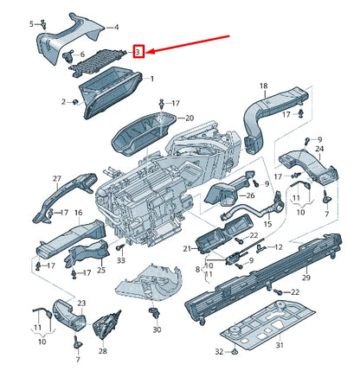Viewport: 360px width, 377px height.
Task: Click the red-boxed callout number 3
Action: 138,52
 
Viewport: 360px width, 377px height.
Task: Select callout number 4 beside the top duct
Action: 116,28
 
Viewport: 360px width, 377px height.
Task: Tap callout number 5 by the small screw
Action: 32,24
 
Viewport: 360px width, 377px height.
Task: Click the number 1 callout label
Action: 152,79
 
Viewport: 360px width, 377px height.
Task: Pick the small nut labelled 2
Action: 75,102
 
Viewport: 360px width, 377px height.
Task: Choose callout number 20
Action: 190,118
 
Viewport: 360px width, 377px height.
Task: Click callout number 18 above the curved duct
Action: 264,86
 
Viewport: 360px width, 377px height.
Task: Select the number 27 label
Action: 57,179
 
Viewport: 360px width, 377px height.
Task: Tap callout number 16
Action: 79,213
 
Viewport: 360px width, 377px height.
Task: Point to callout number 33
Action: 121,260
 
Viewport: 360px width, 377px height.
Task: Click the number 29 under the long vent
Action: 306,278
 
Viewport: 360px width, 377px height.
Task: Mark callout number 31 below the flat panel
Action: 280,345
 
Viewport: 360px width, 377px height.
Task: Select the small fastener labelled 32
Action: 234,351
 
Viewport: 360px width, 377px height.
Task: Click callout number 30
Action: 157,329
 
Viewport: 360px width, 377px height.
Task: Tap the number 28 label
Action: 103,351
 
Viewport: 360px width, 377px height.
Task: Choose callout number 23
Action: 81,304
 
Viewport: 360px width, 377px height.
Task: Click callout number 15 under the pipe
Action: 267,224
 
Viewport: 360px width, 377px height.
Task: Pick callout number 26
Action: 250,195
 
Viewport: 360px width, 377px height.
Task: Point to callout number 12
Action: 279,247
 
